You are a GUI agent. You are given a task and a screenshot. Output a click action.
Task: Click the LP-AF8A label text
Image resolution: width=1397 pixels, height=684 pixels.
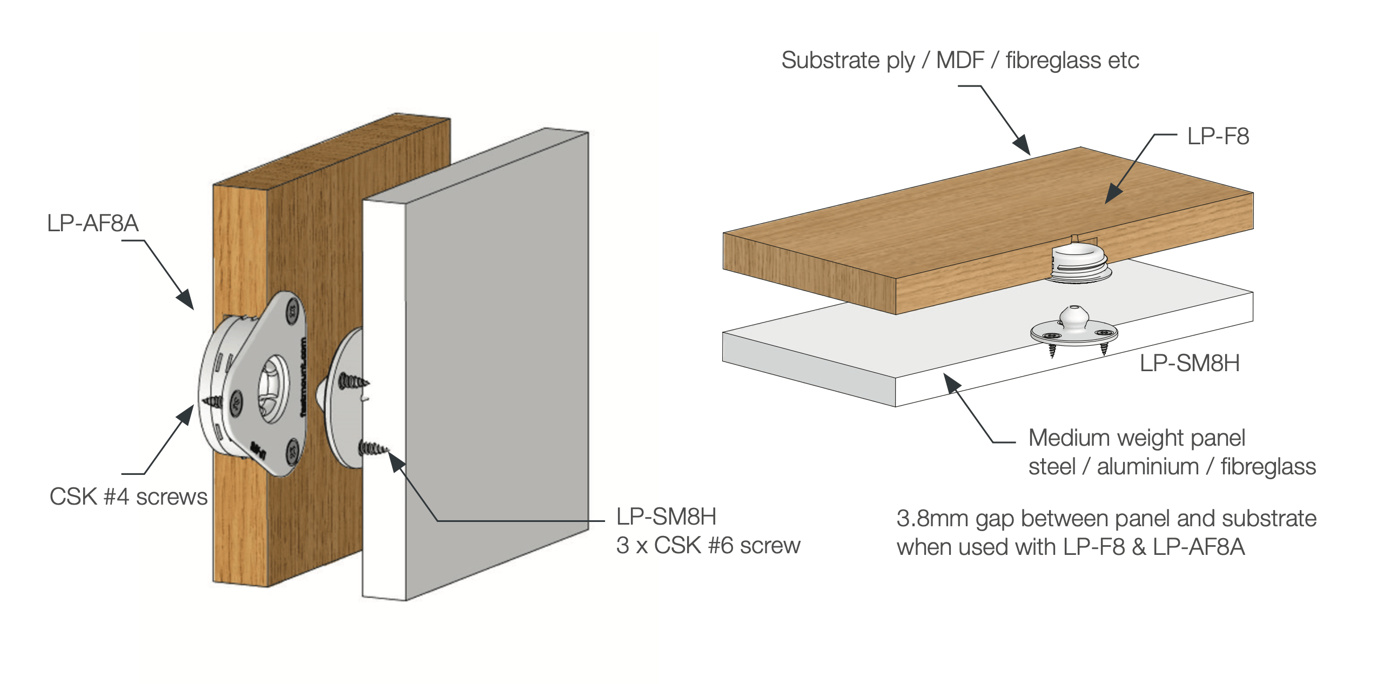tap(93, 223)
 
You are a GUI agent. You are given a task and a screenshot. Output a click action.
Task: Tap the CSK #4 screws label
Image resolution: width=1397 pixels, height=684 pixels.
tap(128, 497)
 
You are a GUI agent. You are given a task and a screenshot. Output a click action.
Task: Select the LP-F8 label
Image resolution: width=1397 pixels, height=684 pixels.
tap(1218, 136)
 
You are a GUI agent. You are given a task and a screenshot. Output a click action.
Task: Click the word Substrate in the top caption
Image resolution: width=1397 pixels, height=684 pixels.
tap(830, 60)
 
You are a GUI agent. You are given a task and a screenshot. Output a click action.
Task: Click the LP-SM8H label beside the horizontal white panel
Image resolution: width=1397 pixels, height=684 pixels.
tap(1190, 363)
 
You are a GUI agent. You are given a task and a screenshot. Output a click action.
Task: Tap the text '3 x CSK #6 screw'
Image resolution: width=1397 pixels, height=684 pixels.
tap(708, 546)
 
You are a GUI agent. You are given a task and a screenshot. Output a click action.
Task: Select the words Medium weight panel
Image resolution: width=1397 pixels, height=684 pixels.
tap(1136, 438)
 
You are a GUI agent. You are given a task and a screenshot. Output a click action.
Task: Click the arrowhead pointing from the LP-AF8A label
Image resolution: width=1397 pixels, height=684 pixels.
tap(186, 299)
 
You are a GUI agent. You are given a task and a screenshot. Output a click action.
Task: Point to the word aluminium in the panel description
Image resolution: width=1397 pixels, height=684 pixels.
tap(1147, 467)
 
